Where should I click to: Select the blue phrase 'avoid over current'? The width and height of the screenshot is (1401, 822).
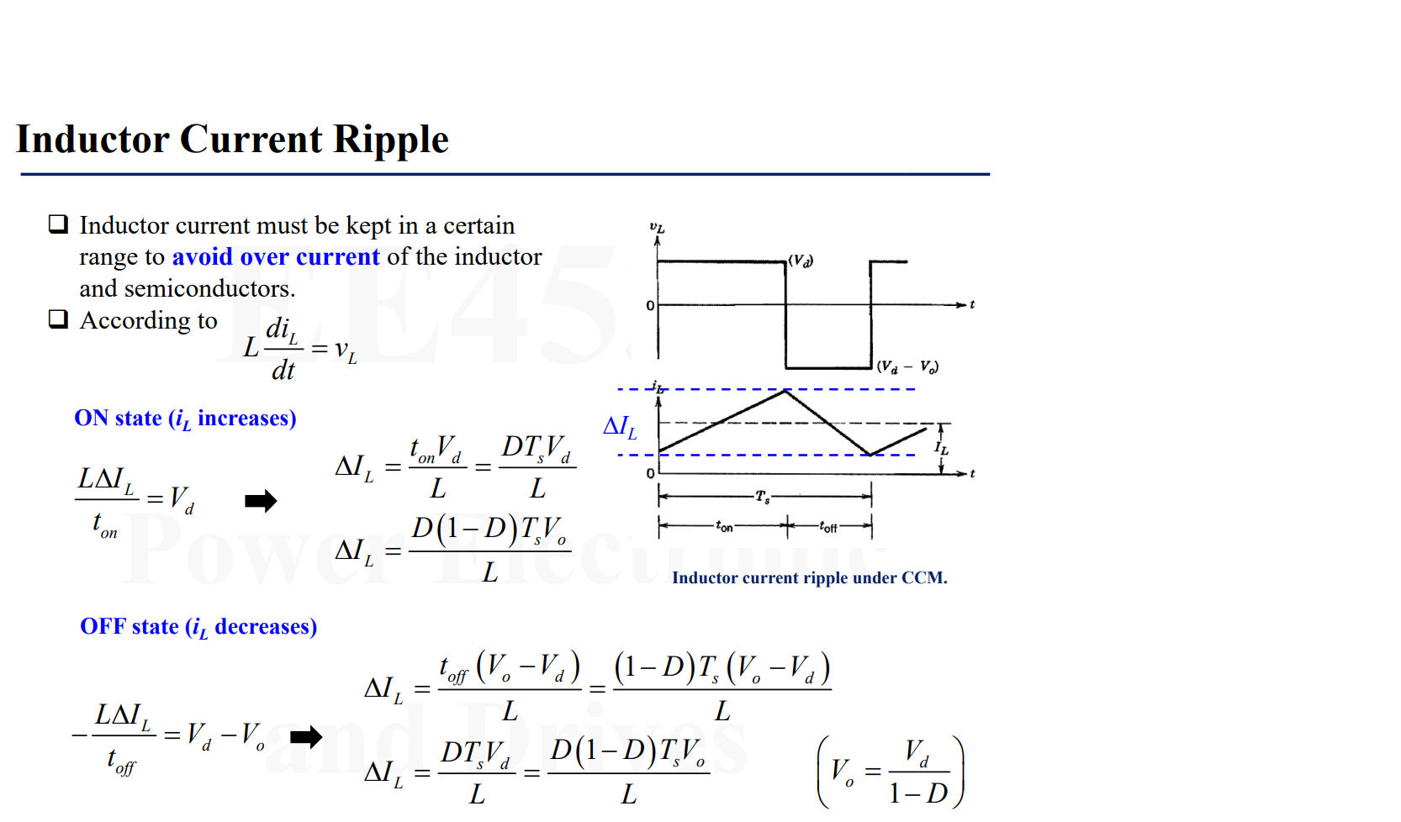[276, 256]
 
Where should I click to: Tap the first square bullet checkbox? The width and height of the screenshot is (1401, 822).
[58, 224]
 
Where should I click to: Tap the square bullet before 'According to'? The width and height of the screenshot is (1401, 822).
[58, 319]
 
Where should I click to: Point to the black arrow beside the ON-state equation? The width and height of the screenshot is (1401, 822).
[261, 502]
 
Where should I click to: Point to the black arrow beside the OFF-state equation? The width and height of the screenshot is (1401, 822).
[306, 737]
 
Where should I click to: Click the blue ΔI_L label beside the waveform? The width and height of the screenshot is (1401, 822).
[620, 428]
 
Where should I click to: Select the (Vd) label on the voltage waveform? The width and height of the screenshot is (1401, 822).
[801, 261]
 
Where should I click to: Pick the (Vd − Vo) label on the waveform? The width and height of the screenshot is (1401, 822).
[907, 366]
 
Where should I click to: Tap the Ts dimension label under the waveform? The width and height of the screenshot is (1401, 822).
[762, 497]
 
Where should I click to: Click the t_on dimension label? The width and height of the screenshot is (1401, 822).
[724, 527]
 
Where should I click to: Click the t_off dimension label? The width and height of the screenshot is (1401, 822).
[828, 527]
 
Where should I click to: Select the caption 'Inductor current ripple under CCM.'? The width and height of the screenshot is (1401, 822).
[809, 578]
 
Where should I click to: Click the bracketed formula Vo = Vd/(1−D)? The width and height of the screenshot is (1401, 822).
[891, 772]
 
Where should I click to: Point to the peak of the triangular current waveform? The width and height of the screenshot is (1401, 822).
[785, 391]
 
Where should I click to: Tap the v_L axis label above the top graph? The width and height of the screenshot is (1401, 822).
[657, 228]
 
